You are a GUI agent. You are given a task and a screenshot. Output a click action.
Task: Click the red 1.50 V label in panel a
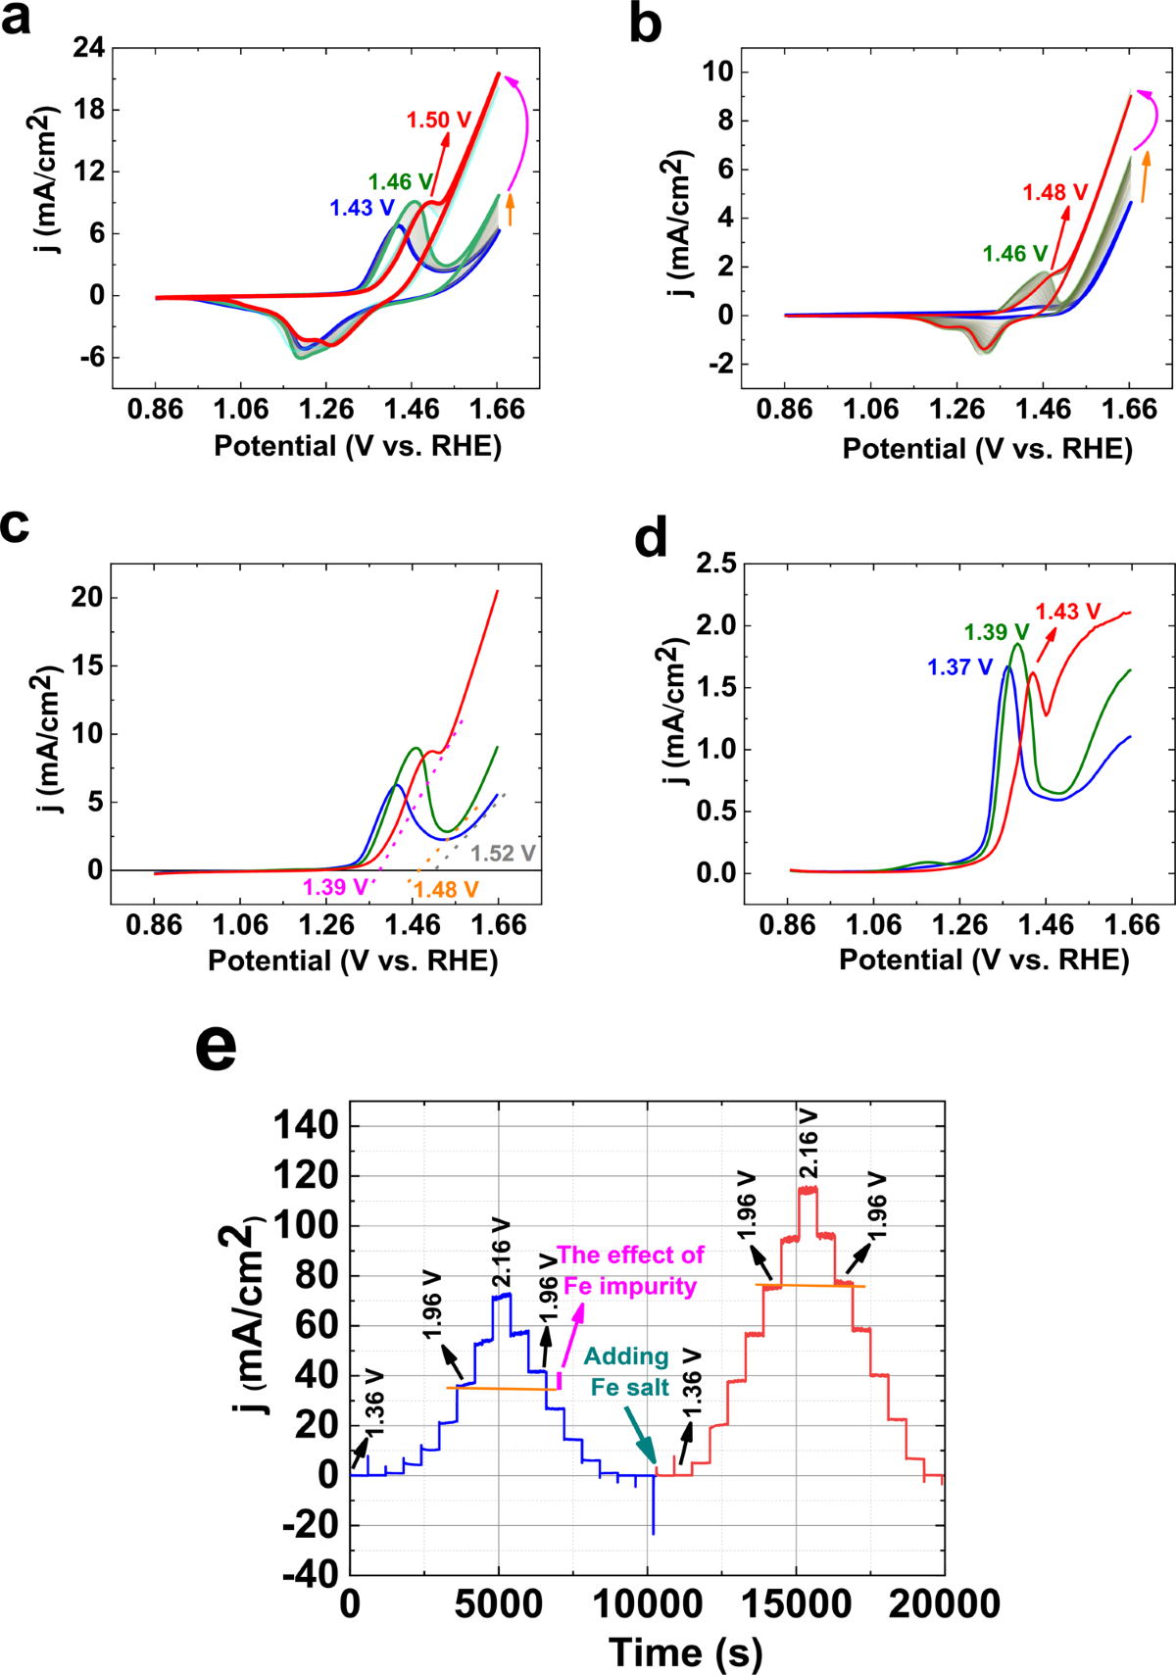(x=439, y=120)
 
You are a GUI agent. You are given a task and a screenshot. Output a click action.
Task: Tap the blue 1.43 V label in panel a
(x=362, y=208)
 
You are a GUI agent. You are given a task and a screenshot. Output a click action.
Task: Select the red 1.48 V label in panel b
(x=1055, y=192)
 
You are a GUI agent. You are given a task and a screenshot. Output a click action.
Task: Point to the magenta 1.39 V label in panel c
(x=335, y=887)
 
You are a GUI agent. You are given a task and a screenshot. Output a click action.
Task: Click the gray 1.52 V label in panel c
(x=503, y=853)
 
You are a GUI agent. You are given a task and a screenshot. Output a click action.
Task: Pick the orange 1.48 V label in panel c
(x=446, y=889)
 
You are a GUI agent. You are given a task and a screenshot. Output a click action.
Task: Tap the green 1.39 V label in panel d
(x=997, y=632)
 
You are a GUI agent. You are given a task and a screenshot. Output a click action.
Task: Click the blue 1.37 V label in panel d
(x=960, y=667)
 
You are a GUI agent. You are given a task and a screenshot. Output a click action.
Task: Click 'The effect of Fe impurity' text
(x=630, y=1270)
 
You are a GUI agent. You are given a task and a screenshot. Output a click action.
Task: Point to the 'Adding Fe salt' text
(x=627, y=1371)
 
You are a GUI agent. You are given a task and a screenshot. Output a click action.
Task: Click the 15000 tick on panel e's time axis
(x=796, y=1603)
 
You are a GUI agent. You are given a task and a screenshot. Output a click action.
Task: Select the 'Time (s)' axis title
(x=685, y=1651)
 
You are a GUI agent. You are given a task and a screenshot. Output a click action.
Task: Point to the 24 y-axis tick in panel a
(x=88, y=47)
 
